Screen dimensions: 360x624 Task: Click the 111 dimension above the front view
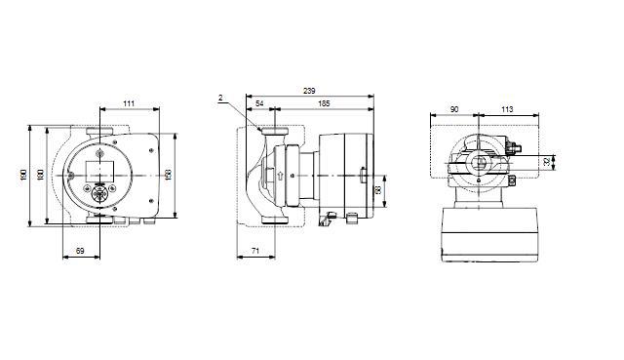point(129,102)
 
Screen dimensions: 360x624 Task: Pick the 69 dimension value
point(80,253)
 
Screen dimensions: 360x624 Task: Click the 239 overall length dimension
point(308,90)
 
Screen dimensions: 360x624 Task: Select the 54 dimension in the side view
point(259,102)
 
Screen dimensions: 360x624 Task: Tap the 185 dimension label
point(323,102)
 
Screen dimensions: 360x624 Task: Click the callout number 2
point(221,98)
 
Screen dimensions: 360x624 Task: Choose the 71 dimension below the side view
point(253,253)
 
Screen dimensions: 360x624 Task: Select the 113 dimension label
point(506,110)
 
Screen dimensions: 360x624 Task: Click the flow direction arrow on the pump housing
point(279,178)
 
